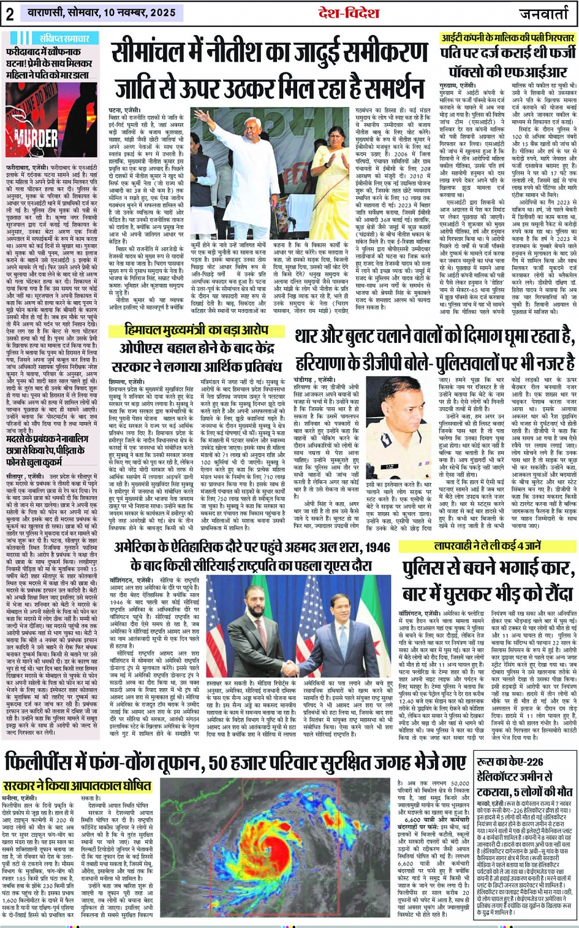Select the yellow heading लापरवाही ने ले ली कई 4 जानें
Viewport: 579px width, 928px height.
486,546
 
